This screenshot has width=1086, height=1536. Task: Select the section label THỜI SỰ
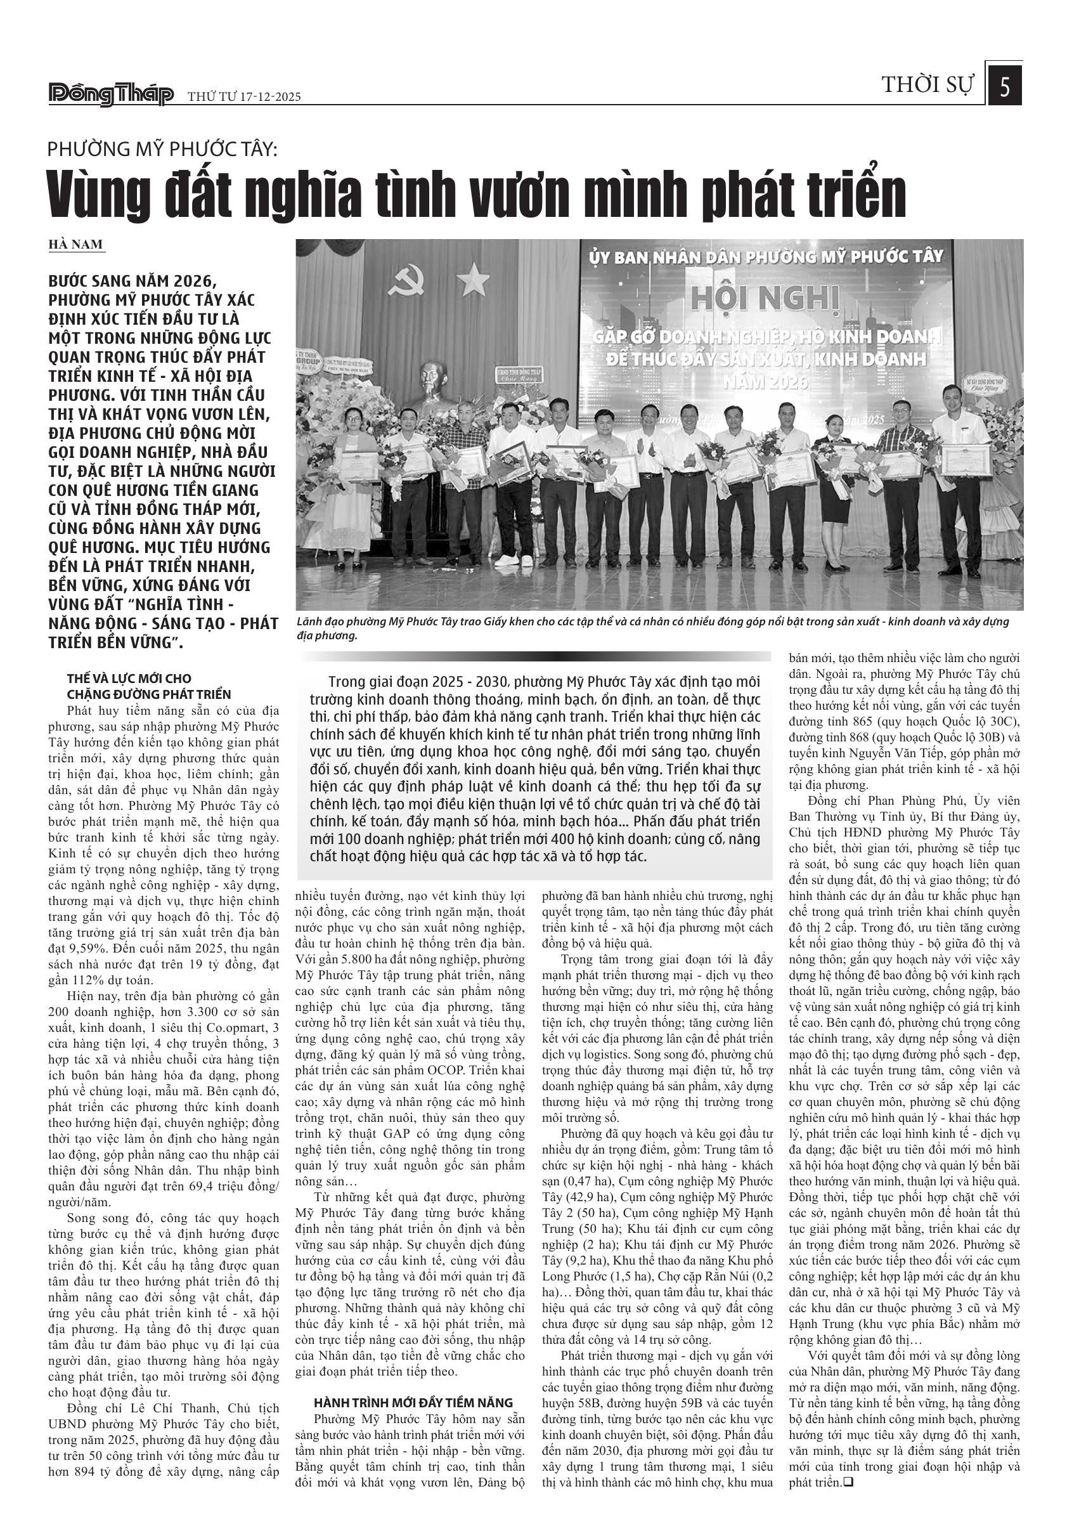(x=928, y=86)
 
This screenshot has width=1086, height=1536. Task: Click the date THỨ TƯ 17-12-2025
(x=244, y=97)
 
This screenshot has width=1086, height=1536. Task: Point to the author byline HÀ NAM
(x=75, y=244)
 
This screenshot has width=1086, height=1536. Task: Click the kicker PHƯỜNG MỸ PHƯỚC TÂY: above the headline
(x=162, y=149)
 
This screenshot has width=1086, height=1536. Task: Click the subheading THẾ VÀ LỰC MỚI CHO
(x=129, y=679)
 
